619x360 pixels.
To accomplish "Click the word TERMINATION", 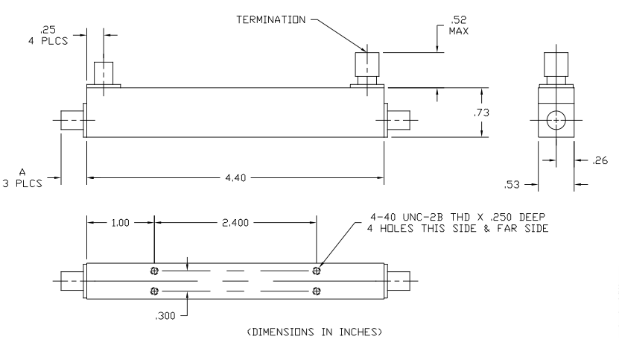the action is (271, 20).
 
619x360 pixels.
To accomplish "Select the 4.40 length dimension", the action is (235, 178).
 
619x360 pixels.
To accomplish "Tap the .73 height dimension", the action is (482, 113).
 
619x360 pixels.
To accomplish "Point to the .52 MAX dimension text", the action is (459, 25).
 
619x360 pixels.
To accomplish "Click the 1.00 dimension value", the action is (120, 223).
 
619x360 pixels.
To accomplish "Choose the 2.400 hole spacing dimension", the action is (235, 223).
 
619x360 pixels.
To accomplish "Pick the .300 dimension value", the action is (165, 316).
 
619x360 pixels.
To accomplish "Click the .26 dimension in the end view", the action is (600, 160).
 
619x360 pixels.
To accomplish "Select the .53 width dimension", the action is (512, 185).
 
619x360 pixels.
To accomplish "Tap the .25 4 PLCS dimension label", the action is (48, 35).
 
